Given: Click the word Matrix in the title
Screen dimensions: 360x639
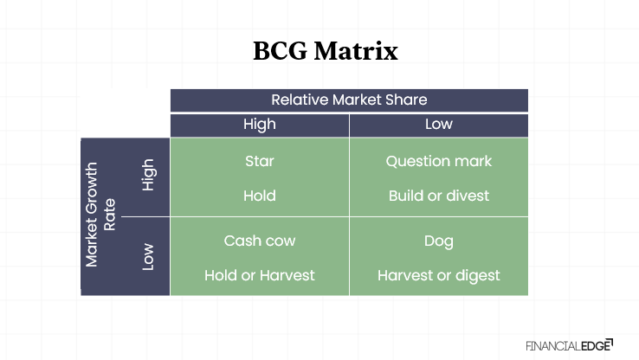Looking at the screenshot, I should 358,51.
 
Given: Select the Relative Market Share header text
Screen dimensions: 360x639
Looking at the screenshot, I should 349,100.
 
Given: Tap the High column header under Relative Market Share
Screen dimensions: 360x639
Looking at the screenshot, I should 260,124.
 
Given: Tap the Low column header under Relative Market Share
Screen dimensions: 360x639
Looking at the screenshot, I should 439,124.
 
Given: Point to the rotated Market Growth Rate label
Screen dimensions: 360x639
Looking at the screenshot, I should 100,215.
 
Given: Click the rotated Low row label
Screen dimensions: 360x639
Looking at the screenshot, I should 148,257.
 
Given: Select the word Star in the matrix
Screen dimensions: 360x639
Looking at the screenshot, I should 260,161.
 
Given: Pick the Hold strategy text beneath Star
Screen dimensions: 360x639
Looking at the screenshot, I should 260,196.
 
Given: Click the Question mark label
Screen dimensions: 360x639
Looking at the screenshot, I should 439,161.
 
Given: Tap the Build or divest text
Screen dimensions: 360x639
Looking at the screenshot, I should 439,196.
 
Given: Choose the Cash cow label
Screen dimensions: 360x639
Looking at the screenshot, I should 260,241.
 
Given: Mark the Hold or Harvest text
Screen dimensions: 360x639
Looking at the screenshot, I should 260,275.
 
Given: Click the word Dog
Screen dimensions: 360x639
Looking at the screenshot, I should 439,241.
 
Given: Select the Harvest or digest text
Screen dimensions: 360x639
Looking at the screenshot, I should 439,275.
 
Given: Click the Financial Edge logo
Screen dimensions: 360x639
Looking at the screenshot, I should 569,344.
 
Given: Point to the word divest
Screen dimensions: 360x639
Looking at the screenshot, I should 468,196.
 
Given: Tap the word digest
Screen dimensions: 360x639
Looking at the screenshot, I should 477,275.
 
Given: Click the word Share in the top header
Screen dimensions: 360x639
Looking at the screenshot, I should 406,100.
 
